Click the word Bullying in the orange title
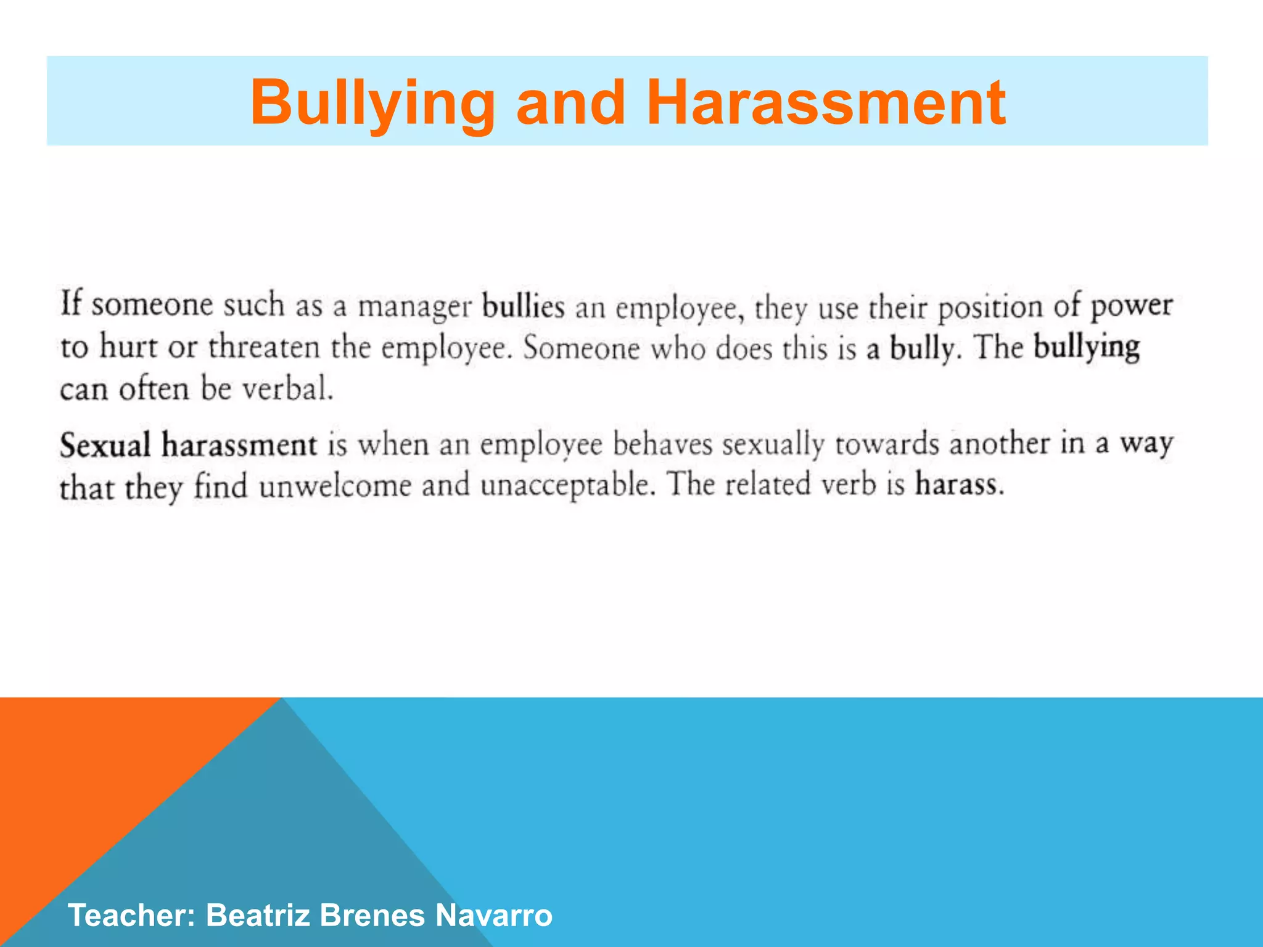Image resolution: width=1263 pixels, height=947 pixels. (372, 104)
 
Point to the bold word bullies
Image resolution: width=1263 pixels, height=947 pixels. (523, 306)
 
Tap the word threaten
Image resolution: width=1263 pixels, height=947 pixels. (264, 348)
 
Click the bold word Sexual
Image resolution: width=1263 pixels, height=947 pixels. (105, 445)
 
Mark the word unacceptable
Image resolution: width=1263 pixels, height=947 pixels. (566, 486)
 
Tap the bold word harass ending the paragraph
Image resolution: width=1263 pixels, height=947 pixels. (958, 485)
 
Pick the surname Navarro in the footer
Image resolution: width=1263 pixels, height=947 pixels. (493, 915)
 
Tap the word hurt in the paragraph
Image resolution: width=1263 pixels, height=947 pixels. (128, 348)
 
